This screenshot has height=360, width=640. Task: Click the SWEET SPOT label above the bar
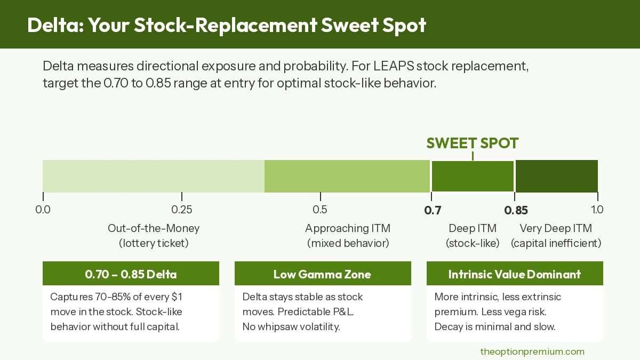[x=473, y=143]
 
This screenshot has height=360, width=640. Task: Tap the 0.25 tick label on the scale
[x=182, y=210]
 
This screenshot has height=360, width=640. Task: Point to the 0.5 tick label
[x=320, y=210]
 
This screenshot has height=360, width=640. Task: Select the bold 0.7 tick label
[x=433, y=210]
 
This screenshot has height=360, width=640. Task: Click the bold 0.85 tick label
[x=516, y=210]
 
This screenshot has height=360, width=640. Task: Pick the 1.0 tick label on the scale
[x=597, y=210]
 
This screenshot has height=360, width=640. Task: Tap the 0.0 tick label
[x=43, y=210]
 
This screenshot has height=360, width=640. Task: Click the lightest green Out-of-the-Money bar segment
[x=154, y=176]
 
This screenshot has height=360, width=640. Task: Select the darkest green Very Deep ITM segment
[x=556, y=176]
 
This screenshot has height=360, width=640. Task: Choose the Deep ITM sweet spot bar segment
[x=473, y=176]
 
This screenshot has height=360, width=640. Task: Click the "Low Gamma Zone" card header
[x=322, y=274]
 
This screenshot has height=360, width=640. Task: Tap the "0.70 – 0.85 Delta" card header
[x=131, y=274]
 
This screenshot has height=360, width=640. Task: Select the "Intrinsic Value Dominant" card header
[x=515, y=274]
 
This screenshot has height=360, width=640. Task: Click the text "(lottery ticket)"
[x=154, y=243]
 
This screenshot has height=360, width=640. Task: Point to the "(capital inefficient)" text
[x=556, y=243]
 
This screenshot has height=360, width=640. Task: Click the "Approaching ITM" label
[x=348, y=228]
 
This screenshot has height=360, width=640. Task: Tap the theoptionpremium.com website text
[x=532, y=351]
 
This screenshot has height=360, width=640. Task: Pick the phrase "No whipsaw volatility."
[x=291, y=326]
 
